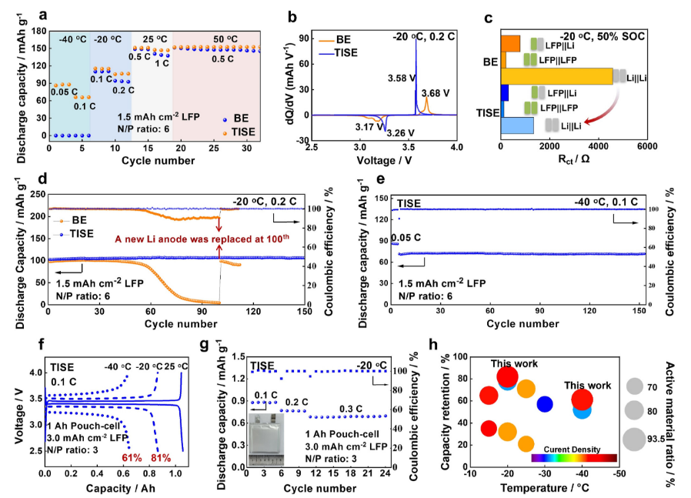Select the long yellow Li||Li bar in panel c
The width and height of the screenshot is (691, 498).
pyautogui.click(x=556, y=76)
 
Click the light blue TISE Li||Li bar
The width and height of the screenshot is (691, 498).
pyautogui.click(x=517, y=125)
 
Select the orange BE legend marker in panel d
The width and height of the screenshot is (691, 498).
pyautogui.click(x=58, y=220)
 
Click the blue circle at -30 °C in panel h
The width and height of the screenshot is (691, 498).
pyautogui.click(x=545, y=404)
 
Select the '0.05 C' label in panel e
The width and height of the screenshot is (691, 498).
pyautogui.click(x=406, y=238)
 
